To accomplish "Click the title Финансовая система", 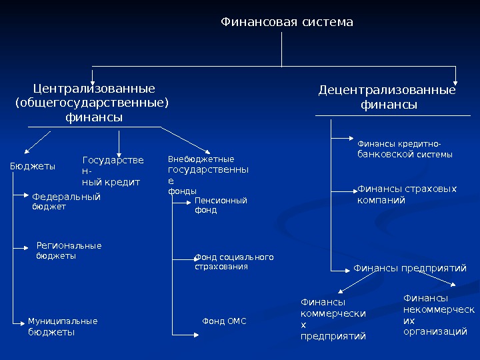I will pos(287,23).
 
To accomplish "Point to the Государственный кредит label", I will pos(112,171).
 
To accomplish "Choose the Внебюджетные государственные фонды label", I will pos(207,175).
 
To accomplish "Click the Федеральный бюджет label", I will pos(66,201).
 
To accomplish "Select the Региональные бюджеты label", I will pos(69,251).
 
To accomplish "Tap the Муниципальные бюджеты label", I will pos(62,326).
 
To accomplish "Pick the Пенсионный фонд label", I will pos(220,205).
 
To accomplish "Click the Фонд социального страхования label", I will pos(234,261).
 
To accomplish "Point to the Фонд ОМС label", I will pos(224,321).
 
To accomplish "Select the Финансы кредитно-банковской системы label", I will pos(405,149).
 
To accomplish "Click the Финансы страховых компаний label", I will pos(407,194).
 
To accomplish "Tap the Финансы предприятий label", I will pos(409,268).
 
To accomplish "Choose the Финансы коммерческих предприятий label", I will pos(334,319).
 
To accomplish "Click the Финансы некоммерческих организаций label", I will pos(439,315).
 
